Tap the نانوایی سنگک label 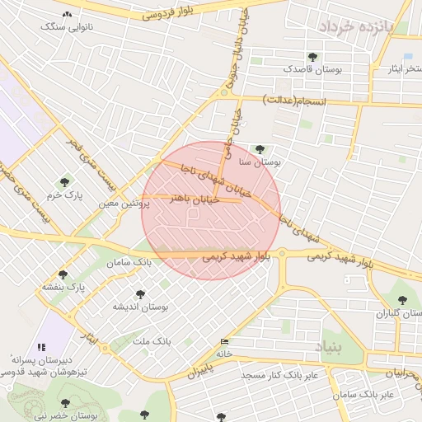[68, 27]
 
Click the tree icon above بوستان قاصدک [312, 57]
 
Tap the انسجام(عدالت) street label [294, 101]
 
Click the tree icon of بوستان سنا [260, 149]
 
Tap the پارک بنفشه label [65, 287]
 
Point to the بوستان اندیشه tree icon [139, 293]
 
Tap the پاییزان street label [206, 372]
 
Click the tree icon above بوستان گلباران [402, 301]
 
